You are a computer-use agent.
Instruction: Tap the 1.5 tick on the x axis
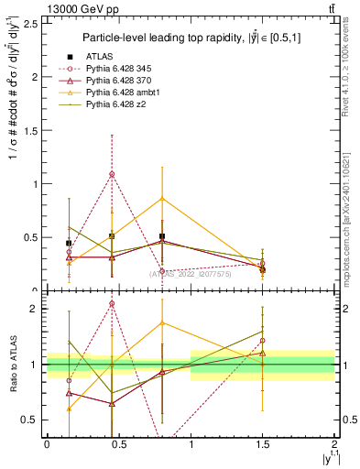[x=263, y=442]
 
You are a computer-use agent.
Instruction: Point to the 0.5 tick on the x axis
[x=118, y=442]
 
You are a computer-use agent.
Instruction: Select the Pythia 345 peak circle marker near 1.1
[x=112, y=174]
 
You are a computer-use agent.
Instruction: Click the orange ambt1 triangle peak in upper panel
[x=162, y=198]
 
